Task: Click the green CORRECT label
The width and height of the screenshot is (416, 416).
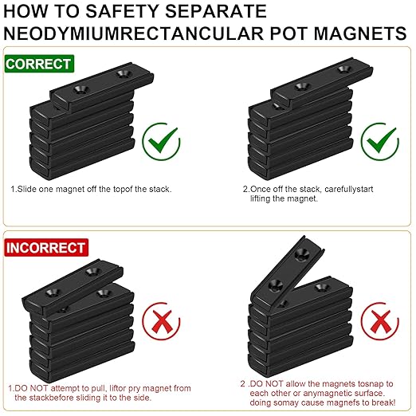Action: pos(39,64)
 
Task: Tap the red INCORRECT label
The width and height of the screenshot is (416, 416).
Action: pos(46,248)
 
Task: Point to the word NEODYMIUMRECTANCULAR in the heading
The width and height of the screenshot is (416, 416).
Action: pos(134,33)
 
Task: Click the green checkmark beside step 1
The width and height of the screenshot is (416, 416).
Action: pos(161,141)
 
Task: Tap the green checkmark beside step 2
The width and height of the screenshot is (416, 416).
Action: pos(380,141)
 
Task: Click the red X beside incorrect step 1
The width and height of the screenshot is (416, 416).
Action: pos(161,321)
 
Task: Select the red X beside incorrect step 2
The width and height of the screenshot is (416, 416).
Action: pos(380,321)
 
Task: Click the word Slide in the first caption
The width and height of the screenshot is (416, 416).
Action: pos(27,189)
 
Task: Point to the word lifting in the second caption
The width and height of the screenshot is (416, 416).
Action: pos(261,198)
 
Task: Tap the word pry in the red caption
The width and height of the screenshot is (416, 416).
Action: pos(134,389)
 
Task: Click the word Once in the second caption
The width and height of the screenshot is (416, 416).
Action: pos(260,189)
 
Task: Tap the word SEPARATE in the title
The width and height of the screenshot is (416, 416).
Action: pos(216,11)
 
